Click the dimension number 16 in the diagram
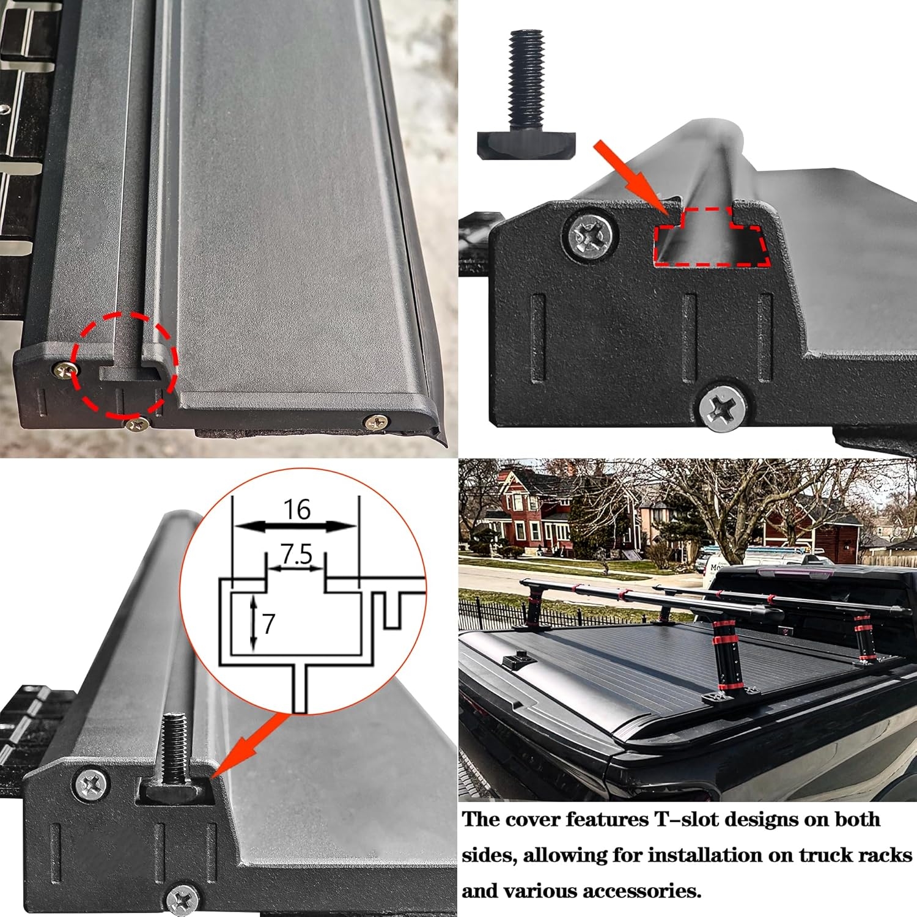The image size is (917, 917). pyautogui.click(x=297, y=509)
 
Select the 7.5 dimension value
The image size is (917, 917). pyautogui.click(x=297, y=554)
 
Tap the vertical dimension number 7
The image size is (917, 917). pyautogui.click(x=269, y=624)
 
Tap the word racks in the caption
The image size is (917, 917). pyautogui.click(x=882, y=855)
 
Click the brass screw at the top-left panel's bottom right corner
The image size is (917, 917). pyautogui.click(x=376, y=421)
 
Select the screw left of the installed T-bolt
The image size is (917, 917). pyautogui.click(x=93, y=783)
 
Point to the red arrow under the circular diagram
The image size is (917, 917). pyautogui.click(x=248, y=746)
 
